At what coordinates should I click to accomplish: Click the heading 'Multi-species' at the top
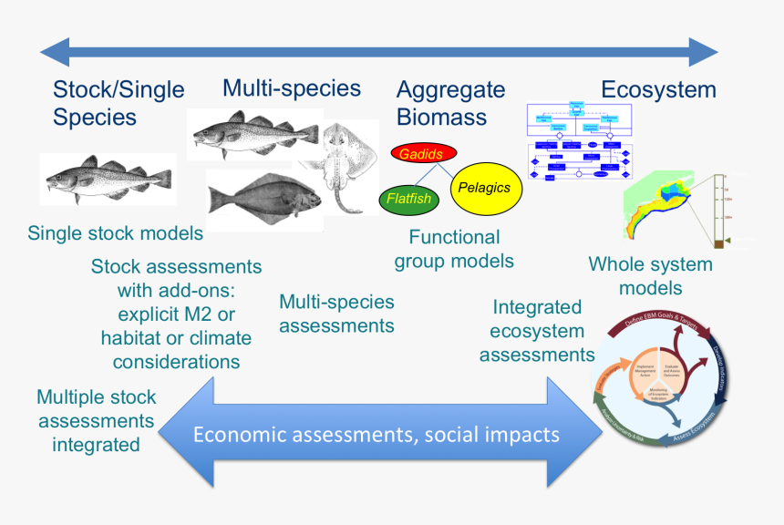tap(292, 88)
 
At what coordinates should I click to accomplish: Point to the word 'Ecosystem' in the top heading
tap(658, 89)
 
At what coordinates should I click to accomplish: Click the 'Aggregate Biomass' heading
tap(450, 103)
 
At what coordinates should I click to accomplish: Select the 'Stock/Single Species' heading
tap(119, 103)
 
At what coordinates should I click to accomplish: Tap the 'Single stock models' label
tap(116, 233)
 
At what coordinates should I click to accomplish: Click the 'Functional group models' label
tap(454, 249)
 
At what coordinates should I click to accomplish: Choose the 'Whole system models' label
tap(651, 276)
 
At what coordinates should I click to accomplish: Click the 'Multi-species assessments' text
tap(336, 313)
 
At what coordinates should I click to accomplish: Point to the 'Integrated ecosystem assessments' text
tap(537, 331)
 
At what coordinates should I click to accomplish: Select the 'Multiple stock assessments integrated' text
tap(97, 421)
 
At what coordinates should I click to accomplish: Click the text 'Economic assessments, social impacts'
tap(377, 434)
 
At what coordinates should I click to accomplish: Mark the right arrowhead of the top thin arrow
tap(703, 51)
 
